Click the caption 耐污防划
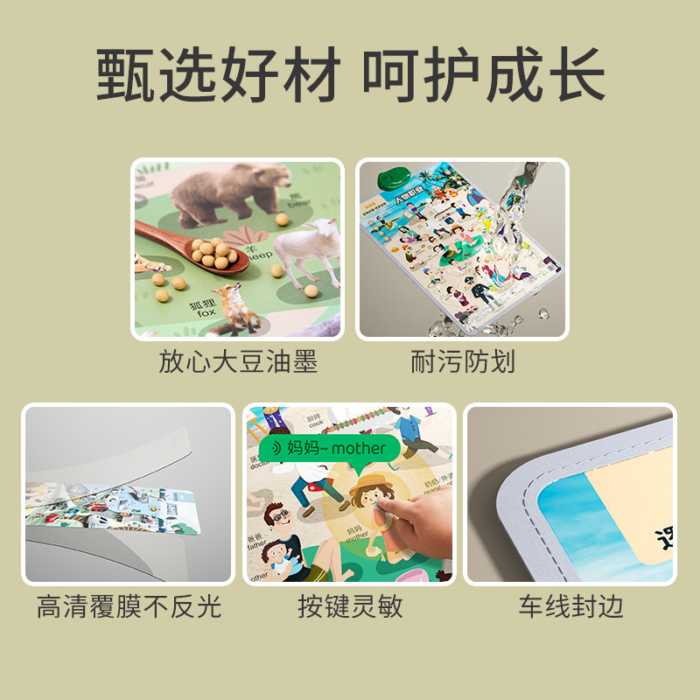point(463,361)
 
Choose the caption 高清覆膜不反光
point(129,606)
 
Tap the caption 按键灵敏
point(350,606)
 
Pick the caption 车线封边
point(570,606)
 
